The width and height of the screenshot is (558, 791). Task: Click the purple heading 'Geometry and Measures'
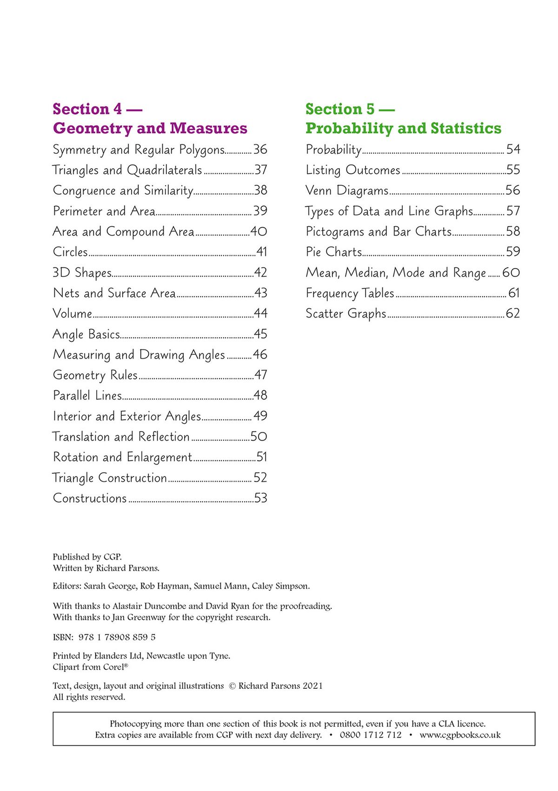(150, 128)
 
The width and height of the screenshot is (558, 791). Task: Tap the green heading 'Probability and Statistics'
(403, 128)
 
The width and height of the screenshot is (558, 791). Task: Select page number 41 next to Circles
(262, 252)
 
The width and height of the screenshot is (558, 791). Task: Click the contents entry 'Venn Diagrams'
(347, 190)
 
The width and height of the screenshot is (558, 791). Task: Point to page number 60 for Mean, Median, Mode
(511, 273)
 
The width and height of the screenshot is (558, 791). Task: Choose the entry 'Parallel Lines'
(87, 396)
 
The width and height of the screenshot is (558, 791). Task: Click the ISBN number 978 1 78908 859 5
(117, 637)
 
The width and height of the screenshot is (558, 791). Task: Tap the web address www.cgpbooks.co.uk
(460, 735)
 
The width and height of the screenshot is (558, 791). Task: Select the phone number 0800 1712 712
(371, 735)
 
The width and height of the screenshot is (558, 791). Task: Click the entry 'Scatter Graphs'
(346, 314)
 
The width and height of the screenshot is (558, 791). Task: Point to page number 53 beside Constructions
(260, 498)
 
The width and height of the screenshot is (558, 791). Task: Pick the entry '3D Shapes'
(82, 273)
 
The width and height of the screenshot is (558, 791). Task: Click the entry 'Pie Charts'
(334, 252)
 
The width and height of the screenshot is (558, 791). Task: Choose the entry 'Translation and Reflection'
(121, 437)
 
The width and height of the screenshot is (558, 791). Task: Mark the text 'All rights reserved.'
(89, 697)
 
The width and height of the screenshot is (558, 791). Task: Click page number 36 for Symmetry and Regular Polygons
(260, 150)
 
